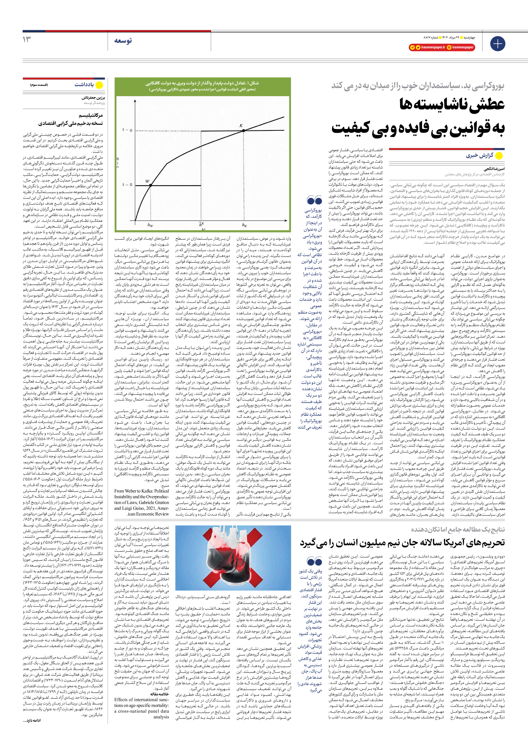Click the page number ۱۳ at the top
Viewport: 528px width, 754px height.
click(x=27, y=39)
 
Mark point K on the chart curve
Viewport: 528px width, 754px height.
click(x=244, y=130)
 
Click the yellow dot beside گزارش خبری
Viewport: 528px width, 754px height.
click(x=499, y=156)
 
